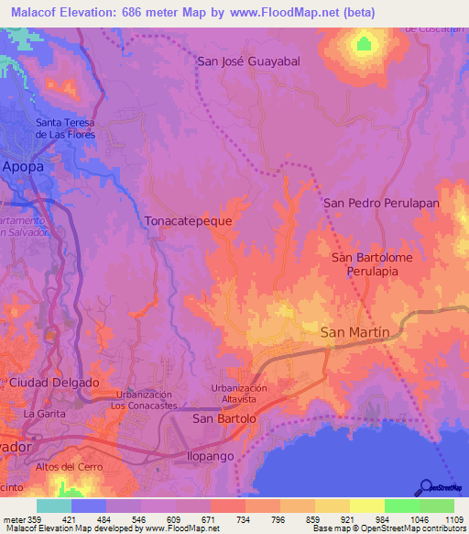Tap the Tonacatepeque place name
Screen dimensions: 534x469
pyautogui.click(x=188, y=221)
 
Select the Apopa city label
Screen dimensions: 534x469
pyautogui.click(x=23, y=166)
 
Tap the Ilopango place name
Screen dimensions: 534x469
pyautogui.click(x=212, y=455)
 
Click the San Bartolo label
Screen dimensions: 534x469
pyautogui.click(x=224, y=418)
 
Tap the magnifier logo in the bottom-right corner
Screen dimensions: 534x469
pyautogui.click(x=426, y=487)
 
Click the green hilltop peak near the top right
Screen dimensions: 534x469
pyautogui.click(x=365, y=43)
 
